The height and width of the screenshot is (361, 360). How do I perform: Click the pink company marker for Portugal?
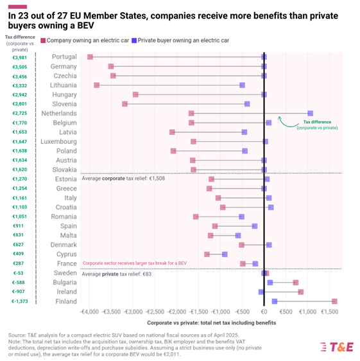tap(90, 57)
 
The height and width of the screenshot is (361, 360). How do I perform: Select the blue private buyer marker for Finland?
tap(275, 301)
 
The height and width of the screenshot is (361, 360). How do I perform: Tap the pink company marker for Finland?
tap(334, 301)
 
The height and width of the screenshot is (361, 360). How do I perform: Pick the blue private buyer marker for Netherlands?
tap(311, 113)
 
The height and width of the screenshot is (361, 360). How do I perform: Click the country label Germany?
tap(64, 66)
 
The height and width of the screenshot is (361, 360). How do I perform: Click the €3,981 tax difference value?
tap(20, 57)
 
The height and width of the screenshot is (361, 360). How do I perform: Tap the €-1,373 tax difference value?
tap(20, 301)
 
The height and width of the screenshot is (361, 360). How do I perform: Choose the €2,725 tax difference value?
tap(20, 113)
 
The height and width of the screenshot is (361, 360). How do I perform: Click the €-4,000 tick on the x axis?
tap(89, 312)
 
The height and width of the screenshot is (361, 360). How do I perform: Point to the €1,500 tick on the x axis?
tap(329, 312)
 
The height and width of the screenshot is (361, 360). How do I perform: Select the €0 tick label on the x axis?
tap(264, 312)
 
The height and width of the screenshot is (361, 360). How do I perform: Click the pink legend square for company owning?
tap(43, 40)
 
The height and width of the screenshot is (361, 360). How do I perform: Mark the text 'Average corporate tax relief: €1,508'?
tap(123, 178)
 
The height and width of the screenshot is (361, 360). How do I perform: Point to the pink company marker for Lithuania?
tap(97, 85)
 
